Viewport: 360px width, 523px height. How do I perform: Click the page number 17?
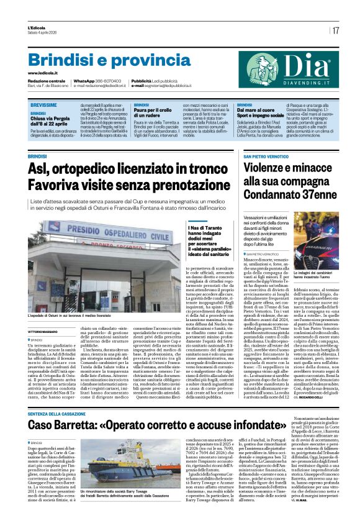(335, 30)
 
